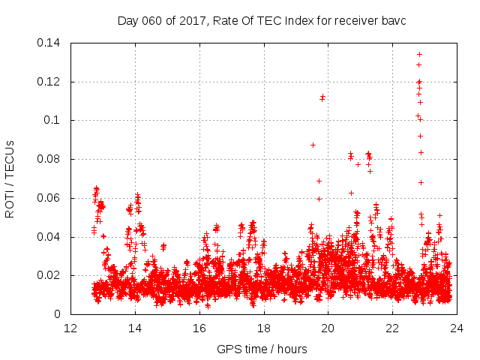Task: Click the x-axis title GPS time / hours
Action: pyautogui.click(x=262, y=349)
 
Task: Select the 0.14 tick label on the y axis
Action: pyautogui.click(x=50, y=43)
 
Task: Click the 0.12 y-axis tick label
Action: pyautogui.click(x=50, y=82)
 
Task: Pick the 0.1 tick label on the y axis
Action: pyautogui.click(x=55, y=121)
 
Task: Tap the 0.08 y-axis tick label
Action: pyautogui.click(x=50, y=160)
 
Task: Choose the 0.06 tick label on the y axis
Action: pyautogui.click(x=50, y=199)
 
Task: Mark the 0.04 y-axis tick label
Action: pyautogui.click(x=50, y=237)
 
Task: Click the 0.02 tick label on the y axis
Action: pyautogui.click(x=50, y=276)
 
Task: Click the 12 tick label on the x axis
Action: pyautogui.click(x=70, y=328)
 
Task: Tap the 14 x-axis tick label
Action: pyautogui.click(x=135, y=328)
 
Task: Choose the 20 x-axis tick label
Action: pyautogui.click(x=328, y=328)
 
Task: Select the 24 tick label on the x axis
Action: pyautogui.click(x=457, y=328)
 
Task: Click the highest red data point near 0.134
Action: pyautogui.click(x=420, y=54)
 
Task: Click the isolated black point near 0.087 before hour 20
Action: pyautogui.click(x=313, y=145)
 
